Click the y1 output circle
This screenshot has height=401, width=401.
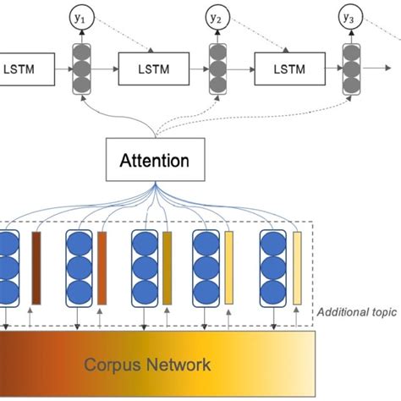coord(83,16)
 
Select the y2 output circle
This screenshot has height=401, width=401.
coord(217,16)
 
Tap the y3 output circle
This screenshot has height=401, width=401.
coord(349,16)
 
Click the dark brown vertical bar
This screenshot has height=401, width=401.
coord(36,266)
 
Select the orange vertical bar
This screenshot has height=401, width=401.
coord(102,266)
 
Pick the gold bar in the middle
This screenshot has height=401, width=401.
coord(168,266)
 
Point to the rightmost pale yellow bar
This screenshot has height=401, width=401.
coord(296,266)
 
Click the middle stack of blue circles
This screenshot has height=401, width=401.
coord(144,266)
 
